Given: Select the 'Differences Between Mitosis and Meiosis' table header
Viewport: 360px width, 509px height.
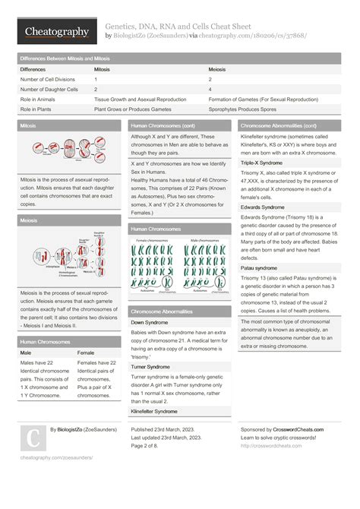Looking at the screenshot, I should coord(65,58).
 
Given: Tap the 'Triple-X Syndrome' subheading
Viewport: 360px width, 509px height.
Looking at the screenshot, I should coord(261,163).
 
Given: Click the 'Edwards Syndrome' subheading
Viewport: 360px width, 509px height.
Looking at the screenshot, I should coord(263,207).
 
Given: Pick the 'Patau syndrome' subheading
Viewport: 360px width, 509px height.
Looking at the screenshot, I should coord(259,268).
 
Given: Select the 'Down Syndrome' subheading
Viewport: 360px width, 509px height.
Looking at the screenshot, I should coord(150,323).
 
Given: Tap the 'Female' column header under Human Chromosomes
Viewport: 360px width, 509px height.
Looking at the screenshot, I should coord(86,353).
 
